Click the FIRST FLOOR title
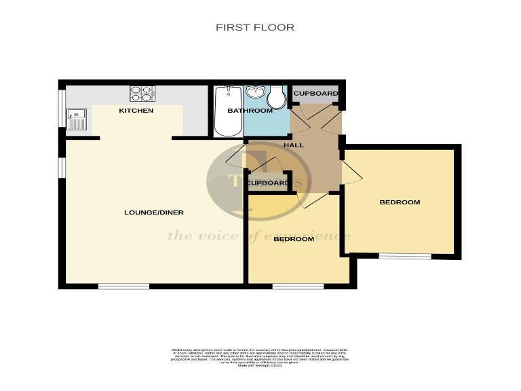coord(255,28)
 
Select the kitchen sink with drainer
coord(77,119)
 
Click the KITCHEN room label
coord(136,111)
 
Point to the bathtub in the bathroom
coord(223,111)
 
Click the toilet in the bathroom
coord(276,98)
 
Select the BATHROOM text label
coord(250,111)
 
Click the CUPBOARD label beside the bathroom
coord(315,93)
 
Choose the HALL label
coord(294,145)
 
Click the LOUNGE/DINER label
coord(154,212)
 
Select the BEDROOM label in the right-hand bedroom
coord(400,202)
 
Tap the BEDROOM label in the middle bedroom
coord(294,239)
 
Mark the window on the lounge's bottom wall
coord(123,286)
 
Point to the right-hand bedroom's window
coord(404,257)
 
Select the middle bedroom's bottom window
coord(298,286)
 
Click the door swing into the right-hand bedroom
coord(350,173)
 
